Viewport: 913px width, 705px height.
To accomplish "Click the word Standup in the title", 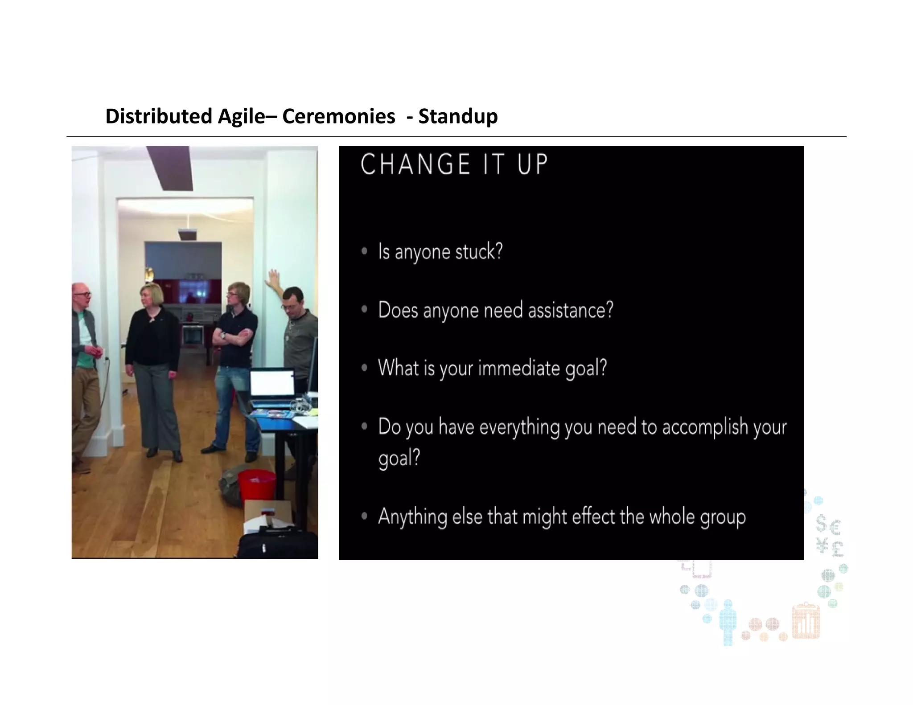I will (458, 116).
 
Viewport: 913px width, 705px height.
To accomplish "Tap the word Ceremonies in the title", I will (338, 116).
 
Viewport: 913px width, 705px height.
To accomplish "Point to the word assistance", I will (571, 310).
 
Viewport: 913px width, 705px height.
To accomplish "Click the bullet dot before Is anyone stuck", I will (364, 251).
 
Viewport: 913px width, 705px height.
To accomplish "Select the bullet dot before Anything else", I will (364, 516).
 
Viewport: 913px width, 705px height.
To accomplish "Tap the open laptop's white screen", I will (271, 383).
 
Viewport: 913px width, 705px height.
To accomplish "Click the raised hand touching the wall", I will (273, 278).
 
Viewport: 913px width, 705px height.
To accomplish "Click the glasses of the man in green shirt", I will (83, 295).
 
